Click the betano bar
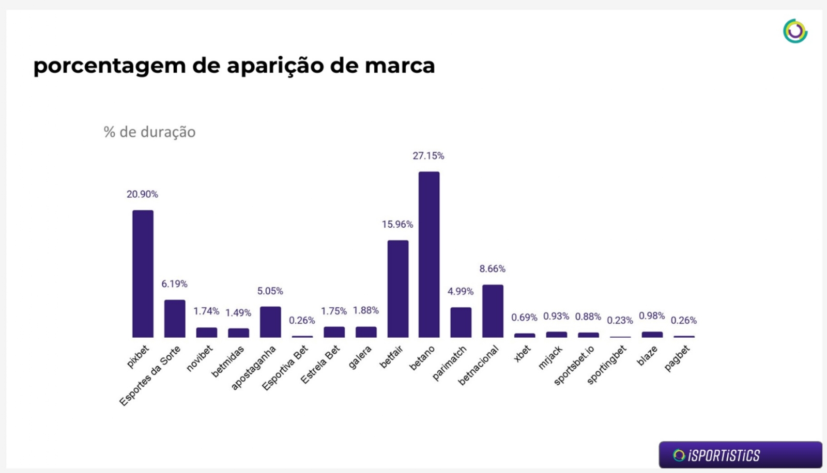click(429, 255)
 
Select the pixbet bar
click(143, 274)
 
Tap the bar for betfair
click(397, 289)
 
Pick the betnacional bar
click(493, 311)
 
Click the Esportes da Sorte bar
click(175, 319)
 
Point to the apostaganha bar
click(270, 322)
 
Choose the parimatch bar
click(461, 322)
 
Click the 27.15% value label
click(428, 156)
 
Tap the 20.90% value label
click(142, 195)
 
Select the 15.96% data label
click(397, 225)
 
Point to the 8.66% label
click(492, 269)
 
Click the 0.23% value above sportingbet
click(620, 321)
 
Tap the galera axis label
click(360, 357)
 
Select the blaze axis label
click(648, 356)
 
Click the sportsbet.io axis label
click(574, 365)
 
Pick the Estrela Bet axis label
click(320, 365)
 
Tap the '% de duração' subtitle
click(149, 132)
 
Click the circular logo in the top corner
click(795, 31)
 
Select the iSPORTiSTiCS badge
click(740, 455)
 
